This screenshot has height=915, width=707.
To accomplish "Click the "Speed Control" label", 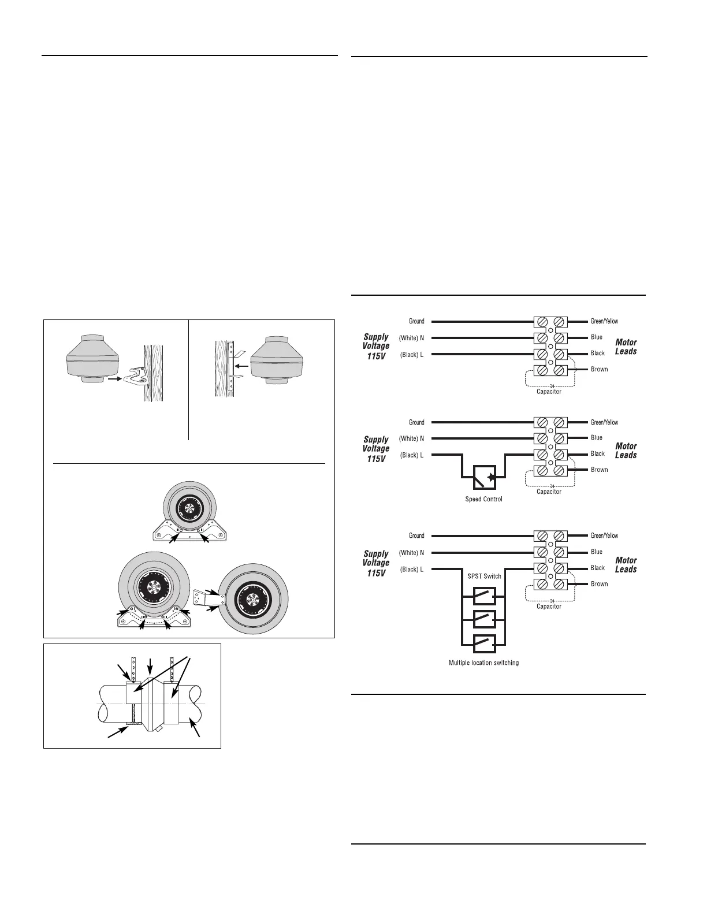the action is click(483, 499).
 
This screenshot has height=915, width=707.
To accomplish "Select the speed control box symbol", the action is click(484, 477).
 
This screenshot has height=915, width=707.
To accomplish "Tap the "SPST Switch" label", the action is click(484, 576).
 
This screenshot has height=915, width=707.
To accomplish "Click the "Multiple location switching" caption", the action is click(483, 663).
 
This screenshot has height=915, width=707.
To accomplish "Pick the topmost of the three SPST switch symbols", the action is click(484, 596).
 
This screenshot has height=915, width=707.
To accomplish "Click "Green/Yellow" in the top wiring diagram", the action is click(604, 321).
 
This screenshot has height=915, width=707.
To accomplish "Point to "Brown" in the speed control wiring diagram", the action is click(599, 470).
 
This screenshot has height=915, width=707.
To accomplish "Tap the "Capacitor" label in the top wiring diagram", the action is click(549, 392).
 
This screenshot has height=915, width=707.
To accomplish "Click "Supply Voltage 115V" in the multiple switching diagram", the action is click(376, 563).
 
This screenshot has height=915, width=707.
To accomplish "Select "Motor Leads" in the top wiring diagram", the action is click(626, 347).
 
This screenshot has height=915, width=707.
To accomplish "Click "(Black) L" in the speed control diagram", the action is click(411, 455).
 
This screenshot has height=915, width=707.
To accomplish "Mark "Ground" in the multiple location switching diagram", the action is click(416, 535).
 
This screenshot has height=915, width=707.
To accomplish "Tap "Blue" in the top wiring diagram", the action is click(597, 337).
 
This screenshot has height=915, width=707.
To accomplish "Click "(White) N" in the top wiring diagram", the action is click(411, 338).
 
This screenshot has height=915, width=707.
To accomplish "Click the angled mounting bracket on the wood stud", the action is click(136, 375).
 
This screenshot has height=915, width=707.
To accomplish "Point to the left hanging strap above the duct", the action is click(133, 669).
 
